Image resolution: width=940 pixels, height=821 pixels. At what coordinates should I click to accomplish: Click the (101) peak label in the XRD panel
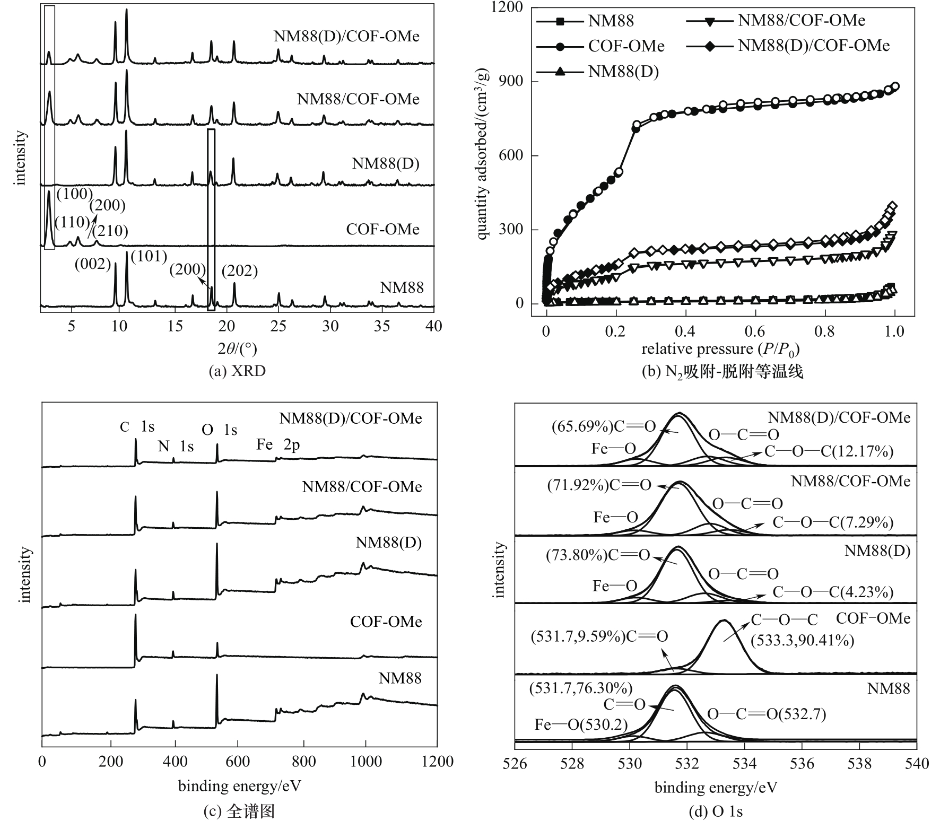tap(149, 257)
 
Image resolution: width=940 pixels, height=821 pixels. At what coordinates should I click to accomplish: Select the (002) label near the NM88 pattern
tap(93, 264)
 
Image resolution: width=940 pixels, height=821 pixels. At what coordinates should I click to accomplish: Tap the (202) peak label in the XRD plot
tap(239, 271)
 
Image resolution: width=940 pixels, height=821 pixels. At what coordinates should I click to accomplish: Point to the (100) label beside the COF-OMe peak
tap(74, 194)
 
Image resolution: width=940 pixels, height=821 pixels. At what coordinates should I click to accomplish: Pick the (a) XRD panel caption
tap(237, 371)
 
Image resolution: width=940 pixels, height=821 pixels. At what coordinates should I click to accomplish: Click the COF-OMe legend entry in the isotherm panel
tap(626, 46)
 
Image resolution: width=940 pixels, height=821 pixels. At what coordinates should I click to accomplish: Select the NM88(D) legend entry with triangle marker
tap(623, 72)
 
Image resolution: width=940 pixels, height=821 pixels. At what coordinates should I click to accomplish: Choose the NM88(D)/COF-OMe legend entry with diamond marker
tap(813, 46)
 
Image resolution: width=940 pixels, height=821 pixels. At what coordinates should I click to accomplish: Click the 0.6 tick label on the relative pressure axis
tap(755, 331)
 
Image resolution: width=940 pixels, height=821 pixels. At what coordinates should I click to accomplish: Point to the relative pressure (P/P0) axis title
tap(720, 349)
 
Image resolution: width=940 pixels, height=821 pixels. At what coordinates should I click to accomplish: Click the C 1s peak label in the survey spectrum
tap(137, 427)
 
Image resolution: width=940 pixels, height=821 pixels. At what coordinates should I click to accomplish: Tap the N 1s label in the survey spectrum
tap(176, 447)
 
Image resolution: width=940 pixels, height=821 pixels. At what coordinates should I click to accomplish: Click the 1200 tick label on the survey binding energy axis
tap(437, 762)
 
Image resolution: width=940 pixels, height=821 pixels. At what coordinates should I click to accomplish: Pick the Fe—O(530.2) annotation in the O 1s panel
tap(581, 724)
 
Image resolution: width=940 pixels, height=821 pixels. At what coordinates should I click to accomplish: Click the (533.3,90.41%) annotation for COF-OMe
tap(802, 640)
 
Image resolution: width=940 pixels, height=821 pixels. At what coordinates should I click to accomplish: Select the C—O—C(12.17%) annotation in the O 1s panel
tap(829, 451)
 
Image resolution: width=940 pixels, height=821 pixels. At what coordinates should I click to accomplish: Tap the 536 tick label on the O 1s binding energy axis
tap(802, 763)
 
